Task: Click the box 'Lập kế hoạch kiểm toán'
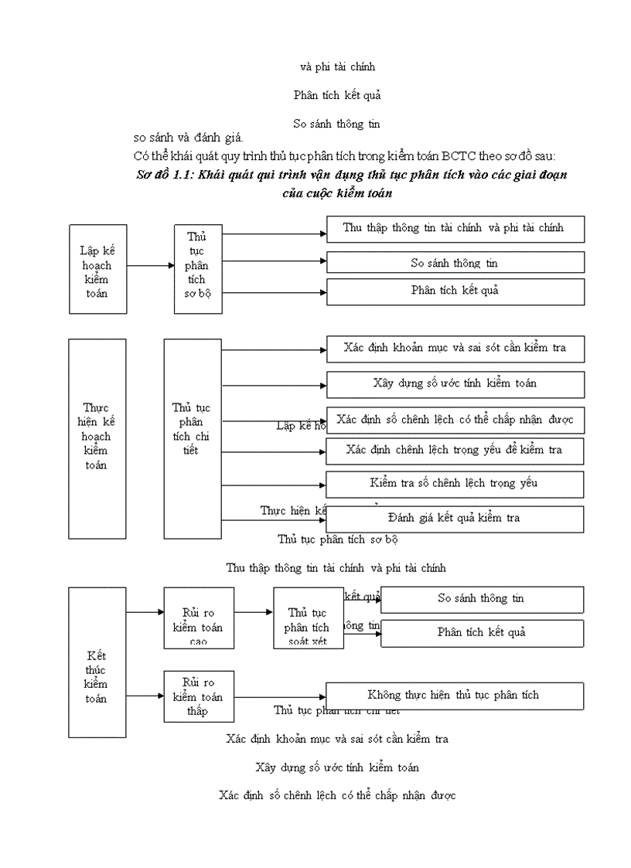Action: [97, 269]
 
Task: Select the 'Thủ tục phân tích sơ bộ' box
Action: [198, 269]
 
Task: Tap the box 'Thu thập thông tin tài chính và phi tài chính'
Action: [455, 229]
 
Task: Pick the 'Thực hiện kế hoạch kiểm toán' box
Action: [97, 438]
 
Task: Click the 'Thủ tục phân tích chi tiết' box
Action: [193, 438]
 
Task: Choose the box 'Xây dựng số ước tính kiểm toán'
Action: [455, 384]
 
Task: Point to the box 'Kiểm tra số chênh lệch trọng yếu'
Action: [455, 484]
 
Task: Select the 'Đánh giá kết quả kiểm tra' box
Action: [455, 519]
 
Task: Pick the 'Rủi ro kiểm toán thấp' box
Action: [198, 696]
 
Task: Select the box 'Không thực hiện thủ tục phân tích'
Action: [455, 696]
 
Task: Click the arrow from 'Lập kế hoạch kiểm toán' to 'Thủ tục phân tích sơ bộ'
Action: [150, 266]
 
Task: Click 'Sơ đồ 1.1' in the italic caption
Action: [164, 175]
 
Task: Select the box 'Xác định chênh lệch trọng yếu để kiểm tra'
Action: [455, 451]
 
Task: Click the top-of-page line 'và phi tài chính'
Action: [338, 67]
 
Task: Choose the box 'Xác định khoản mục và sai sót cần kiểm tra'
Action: [455, 349]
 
